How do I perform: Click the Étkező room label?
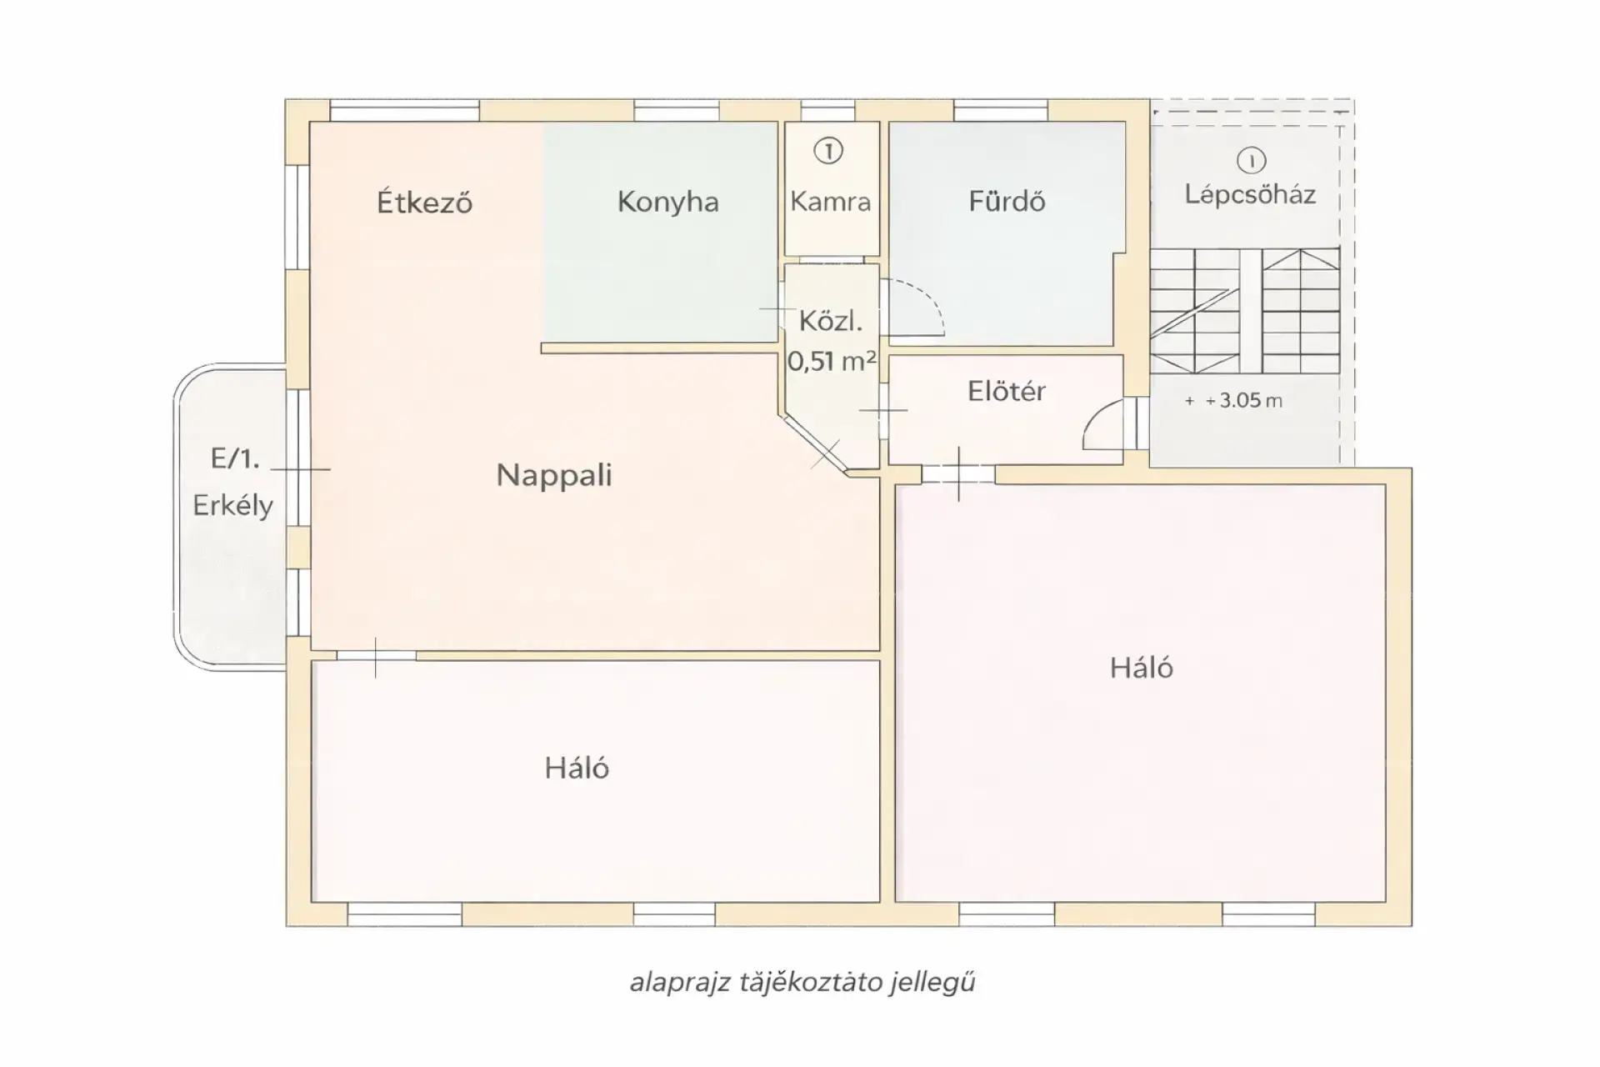(424, 202)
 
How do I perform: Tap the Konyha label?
(667, 202)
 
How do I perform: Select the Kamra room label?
(831, 202)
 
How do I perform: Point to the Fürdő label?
(1007, 201)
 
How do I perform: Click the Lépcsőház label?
(1250, 195)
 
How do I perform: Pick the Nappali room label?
(554, 476)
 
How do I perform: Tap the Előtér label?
(1007, 391)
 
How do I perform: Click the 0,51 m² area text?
(831, 361)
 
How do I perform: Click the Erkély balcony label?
(233, 506)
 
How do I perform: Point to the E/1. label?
(235, 458)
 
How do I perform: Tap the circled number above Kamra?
(828, 151)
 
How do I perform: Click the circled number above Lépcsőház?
(1251, 160)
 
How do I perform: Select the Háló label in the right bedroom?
(1142, 668)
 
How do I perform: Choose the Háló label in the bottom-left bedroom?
(577, 768)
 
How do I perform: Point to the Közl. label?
(831, 322)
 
